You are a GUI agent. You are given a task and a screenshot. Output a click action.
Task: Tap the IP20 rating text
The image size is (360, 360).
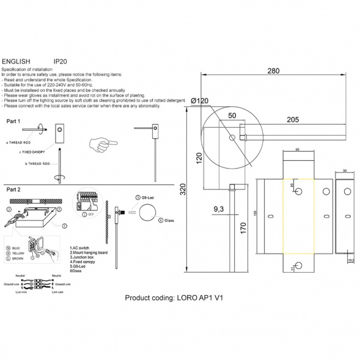[61, 62]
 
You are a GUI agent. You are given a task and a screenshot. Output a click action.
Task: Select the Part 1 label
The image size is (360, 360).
[13, 122]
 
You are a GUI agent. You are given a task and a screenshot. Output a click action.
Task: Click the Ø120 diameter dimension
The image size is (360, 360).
[199, 101]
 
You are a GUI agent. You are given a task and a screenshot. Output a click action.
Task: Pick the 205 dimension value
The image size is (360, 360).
[293, 119]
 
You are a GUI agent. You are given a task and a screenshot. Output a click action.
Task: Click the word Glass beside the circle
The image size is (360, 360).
[169, 219]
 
